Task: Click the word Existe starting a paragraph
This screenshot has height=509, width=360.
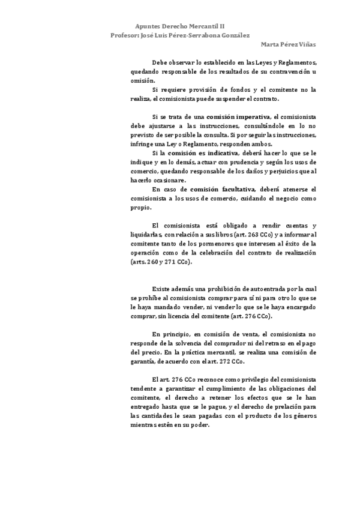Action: (x=163, y=289)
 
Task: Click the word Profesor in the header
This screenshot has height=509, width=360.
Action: (x=124, y=35)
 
